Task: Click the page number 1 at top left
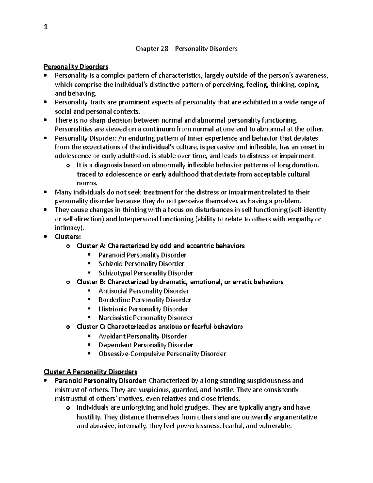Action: point(46,27)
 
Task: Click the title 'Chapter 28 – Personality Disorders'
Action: point(186,49)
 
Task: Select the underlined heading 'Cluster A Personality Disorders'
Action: point(90,372)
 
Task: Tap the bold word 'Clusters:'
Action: point(67,237)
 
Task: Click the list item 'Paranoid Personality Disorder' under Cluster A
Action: point(142,255)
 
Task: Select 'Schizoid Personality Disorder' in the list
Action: point(141,264)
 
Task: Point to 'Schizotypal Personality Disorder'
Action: point(146,273)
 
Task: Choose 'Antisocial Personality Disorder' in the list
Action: point(144,291)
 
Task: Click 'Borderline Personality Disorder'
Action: point(145,300)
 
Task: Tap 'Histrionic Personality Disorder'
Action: point(143,309)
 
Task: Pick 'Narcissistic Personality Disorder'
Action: point(145,318)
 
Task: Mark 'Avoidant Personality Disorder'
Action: point(143,336)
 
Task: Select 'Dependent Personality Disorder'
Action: point(146,345)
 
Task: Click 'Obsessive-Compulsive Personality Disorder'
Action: point(162,354)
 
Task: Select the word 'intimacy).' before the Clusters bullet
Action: point(70,228)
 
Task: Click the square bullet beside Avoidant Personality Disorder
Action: point(90,336)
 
